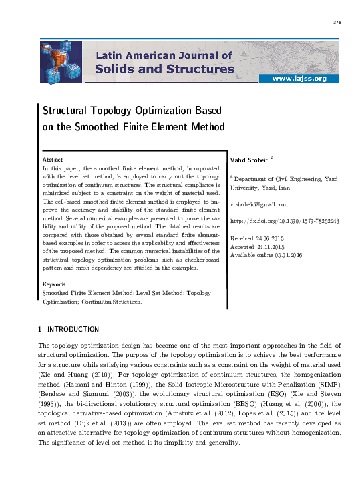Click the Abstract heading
click(x=53, y=160)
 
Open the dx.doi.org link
click(x=285, y=221)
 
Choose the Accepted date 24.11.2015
click(x=286, y=247)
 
